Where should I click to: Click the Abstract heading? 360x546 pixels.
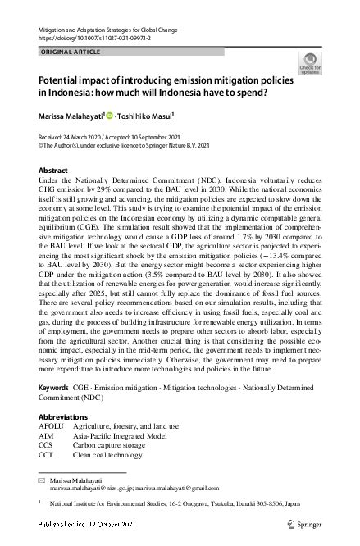tap(54, 170)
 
